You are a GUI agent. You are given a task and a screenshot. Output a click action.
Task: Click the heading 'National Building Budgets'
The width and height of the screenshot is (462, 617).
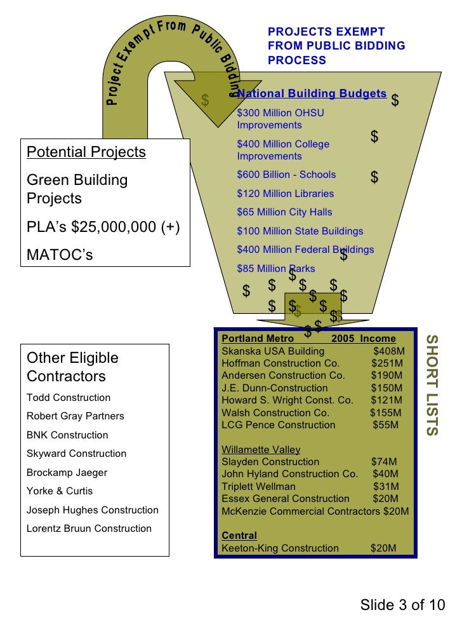coord(312,94)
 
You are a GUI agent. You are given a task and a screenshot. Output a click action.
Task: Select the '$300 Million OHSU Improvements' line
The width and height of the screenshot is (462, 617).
coord(280,119)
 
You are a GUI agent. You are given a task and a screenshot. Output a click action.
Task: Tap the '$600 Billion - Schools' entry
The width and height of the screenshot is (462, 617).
coord(286,175)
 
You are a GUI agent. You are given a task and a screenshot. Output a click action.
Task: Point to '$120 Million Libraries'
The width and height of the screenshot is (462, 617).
coord(285,194)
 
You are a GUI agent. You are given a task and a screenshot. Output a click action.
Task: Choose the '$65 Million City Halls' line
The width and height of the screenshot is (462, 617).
coord(284,212)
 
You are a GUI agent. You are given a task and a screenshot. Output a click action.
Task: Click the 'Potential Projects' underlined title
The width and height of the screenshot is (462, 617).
coord(86,153)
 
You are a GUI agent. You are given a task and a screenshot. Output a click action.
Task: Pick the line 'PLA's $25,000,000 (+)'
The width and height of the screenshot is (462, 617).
coord(103,227)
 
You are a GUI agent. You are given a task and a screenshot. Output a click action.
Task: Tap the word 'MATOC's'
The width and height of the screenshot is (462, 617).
coord(60,255)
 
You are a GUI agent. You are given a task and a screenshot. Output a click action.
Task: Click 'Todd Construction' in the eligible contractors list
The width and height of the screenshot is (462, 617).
coord(69,398)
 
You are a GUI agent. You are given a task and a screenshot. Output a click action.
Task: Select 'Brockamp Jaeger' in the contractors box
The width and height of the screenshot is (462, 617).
coord(67,473)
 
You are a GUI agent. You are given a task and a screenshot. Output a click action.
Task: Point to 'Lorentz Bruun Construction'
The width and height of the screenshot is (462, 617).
coord(89,529)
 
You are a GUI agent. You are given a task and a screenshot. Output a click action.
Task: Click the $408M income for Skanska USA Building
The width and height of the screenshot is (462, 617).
coord(388,351)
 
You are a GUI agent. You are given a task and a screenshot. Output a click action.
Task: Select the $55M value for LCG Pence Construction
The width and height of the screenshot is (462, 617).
coord(385,425)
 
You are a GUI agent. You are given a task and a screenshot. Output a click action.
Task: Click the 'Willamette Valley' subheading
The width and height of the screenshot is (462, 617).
coord(261,450)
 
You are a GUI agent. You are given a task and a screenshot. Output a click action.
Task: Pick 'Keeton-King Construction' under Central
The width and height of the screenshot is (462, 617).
coord(280,548)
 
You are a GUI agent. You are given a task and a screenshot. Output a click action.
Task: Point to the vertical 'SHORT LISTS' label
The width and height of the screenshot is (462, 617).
coord(431,385)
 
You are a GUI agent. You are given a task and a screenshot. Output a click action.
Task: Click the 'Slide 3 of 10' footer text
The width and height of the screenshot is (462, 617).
coord(402,604)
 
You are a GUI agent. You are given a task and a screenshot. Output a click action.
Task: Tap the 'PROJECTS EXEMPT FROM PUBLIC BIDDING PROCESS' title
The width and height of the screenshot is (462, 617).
coord(336,46)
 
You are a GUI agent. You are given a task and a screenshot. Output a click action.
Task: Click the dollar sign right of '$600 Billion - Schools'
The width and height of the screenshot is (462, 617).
coord(374,178)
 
